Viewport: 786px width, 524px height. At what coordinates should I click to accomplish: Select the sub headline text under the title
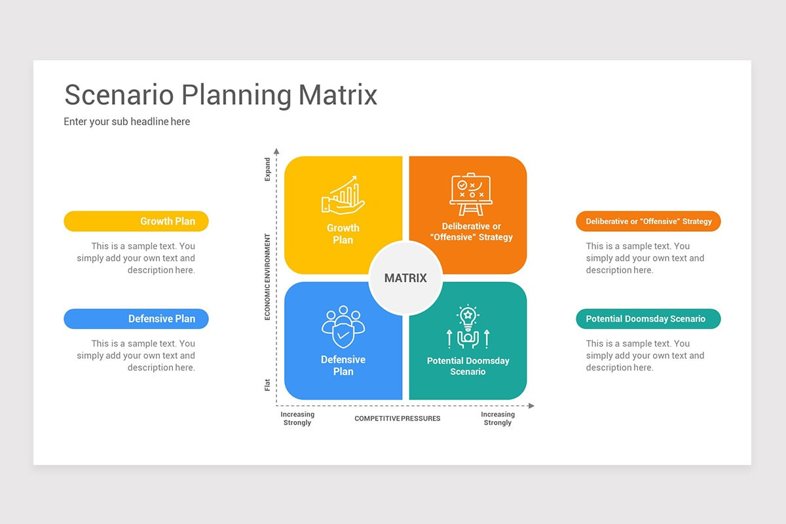coord(127,121)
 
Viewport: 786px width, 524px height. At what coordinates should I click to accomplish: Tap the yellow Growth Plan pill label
coord(136,221)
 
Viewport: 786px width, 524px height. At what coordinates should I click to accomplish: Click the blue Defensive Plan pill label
coord(136,319)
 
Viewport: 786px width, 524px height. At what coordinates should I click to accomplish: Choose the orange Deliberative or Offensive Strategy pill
coord(648,221)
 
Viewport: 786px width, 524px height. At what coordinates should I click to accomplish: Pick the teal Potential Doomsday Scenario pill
coord(648,319)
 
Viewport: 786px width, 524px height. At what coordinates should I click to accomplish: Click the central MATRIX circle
coord(405,278)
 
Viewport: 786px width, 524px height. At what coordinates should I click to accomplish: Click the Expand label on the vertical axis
coord(267,169)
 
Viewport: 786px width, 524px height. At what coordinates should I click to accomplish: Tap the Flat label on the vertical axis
coord(267,384)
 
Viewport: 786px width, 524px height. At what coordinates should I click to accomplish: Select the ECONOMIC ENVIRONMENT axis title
coord(267,277)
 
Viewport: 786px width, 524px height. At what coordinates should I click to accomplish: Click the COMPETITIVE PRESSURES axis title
coord(398,419)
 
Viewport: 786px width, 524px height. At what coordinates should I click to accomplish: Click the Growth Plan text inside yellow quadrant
coord(343,234)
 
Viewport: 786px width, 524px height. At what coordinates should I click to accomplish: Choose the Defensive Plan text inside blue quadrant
coord(343,365)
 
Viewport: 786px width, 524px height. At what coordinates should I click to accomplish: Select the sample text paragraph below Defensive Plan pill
coord(136,356)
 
